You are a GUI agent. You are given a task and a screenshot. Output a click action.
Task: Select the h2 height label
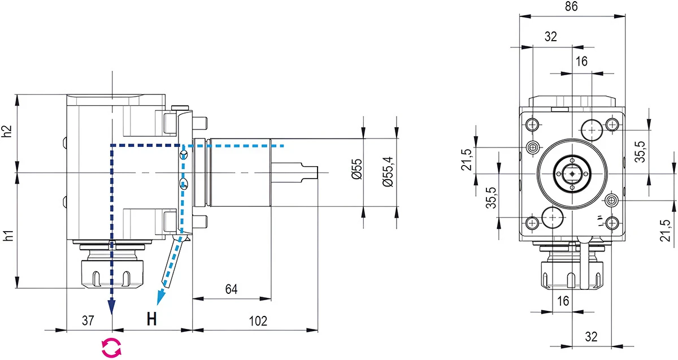coord(7,132)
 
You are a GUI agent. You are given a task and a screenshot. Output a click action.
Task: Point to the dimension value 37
coord(88,321)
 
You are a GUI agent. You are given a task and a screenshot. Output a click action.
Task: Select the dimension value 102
coord(258,321)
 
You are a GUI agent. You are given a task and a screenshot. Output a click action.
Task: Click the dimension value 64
coord(231,289)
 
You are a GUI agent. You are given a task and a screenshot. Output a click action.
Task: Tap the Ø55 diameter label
coord(357,169)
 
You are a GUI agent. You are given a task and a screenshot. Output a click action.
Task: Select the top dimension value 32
coord(551,37)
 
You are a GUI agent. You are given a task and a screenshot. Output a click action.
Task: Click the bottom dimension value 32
coord(591,337)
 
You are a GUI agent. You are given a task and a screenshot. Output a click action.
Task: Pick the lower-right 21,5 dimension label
coord(666,230)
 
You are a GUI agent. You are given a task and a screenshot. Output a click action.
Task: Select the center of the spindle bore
coord(572,174)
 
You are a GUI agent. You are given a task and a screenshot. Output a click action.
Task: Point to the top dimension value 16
coord(582,62)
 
